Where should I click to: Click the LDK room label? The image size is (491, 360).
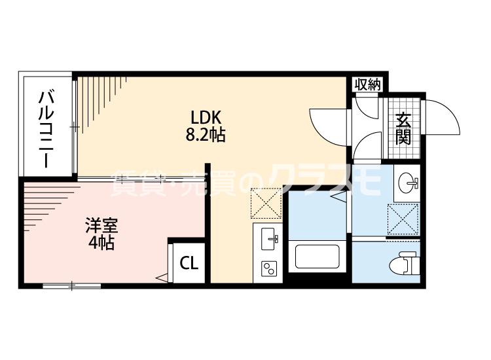[208, 118]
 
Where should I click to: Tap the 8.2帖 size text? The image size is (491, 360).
[208, 135]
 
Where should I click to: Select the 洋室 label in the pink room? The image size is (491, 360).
[101, 226]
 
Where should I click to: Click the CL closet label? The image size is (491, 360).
[189, 264]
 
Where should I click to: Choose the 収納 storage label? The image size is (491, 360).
[367, 84]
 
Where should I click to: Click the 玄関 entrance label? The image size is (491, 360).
[403, 129]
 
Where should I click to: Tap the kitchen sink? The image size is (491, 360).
[268, 239]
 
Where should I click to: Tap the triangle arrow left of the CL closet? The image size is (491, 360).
[161, 279]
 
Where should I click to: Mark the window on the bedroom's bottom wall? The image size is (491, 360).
[72, 285]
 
